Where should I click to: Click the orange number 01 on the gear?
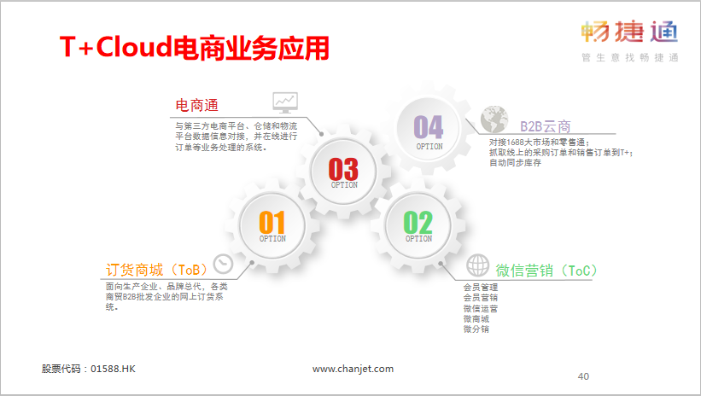[272, 222]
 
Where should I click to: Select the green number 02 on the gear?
[418, 222]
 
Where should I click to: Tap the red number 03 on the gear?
[343, 169]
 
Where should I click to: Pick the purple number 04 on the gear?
[429, 127]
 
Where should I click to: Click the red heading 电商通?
[196, 106]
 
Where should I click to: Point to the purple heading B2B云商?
[546, 126]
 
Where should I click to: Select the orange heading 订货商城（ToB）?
[157, 270]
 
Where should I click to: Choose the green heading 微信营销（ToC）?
[546, 271]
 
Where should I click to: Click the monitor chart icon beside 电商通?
[285, 102]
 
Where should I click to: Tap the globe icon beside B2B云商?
[494, 119]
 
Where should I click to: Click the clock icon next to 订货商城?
[223, 265]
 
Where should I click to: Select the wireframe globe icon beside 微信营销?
[478, 265]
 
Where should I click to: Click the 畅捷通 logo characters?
[629, 32]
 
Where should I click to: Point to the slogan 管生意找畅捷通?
[630, 58]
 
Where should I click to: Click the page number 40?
[583, 376]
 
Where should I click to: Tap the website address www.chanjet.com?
[353, 369]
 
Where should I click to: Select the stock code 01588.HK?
[113, 369]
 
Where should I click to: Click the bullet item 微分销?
[476, 329]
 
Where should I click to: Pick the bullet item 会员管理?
[481, 288]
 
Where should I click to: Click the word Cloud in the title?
[134, 46]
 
